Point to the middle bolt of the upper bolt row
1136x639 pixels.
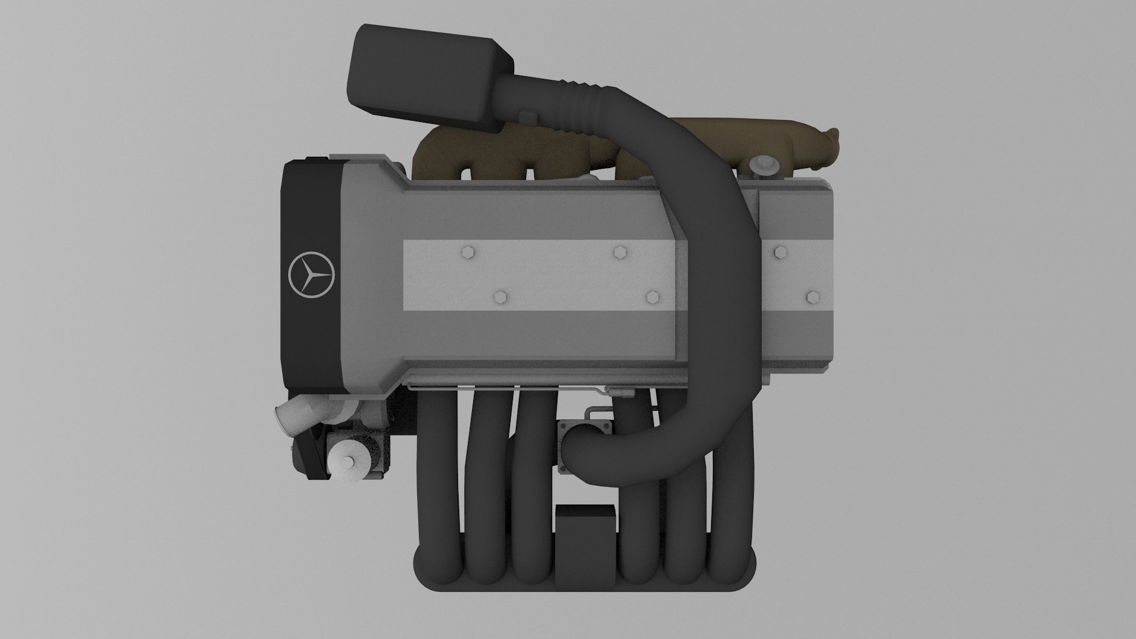pos(620,253)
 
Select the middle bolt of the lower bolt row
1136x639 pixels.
pos(653,297)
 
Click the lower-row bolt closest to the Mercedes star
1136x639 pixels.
pos(501,297)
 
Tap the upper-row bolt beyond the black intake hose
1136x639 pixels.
pos(780,253)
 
